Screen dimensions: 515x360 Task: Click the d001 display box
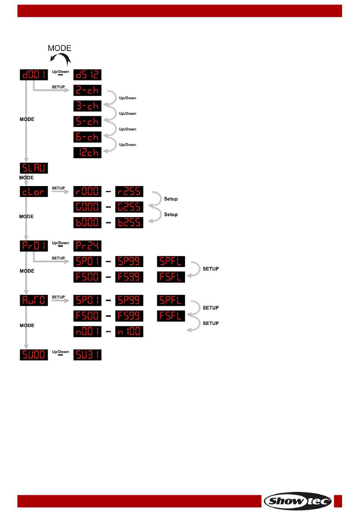click(34, 75)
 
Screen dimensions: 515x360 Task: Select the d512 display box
click(87, 75)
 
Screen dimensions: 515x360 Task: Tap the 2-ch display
click(87, 90)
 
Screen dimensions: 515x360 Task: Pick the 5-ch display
click(87, 121)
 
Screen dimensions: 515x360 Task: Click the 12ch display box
click(87, 152)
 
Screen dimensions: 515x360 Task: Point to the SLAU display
click(34, 168)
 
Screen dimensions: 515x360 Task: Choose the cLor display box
click(34, 191)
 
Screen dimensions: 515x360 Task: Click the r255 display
click(129, 191)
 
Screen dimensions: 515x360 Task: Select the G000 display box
click(87, 207)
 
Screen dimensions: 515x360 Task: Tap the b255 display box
click(129, 222)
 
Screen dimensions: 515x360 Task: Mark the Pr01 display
click(34, 246)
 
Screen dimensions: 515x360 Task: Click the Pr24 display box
click(87, 246)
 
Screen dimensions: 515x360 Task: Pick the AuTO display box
click(34, 300)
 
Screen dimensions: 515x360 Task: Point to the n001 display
click(87, 331)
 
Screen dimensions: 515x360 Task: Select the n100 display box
click(129, 331)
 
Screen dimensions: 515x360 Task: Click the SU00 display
click(34, 355)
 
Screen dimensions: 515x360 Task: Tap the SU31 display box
click(87, 355)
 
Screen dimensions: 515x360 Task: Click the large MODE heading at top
click(59, 48)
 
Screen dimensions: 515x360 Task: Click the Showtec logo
click(297, 501)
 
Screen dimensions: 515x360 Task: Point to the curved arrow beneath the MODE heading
click(61, 59)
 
